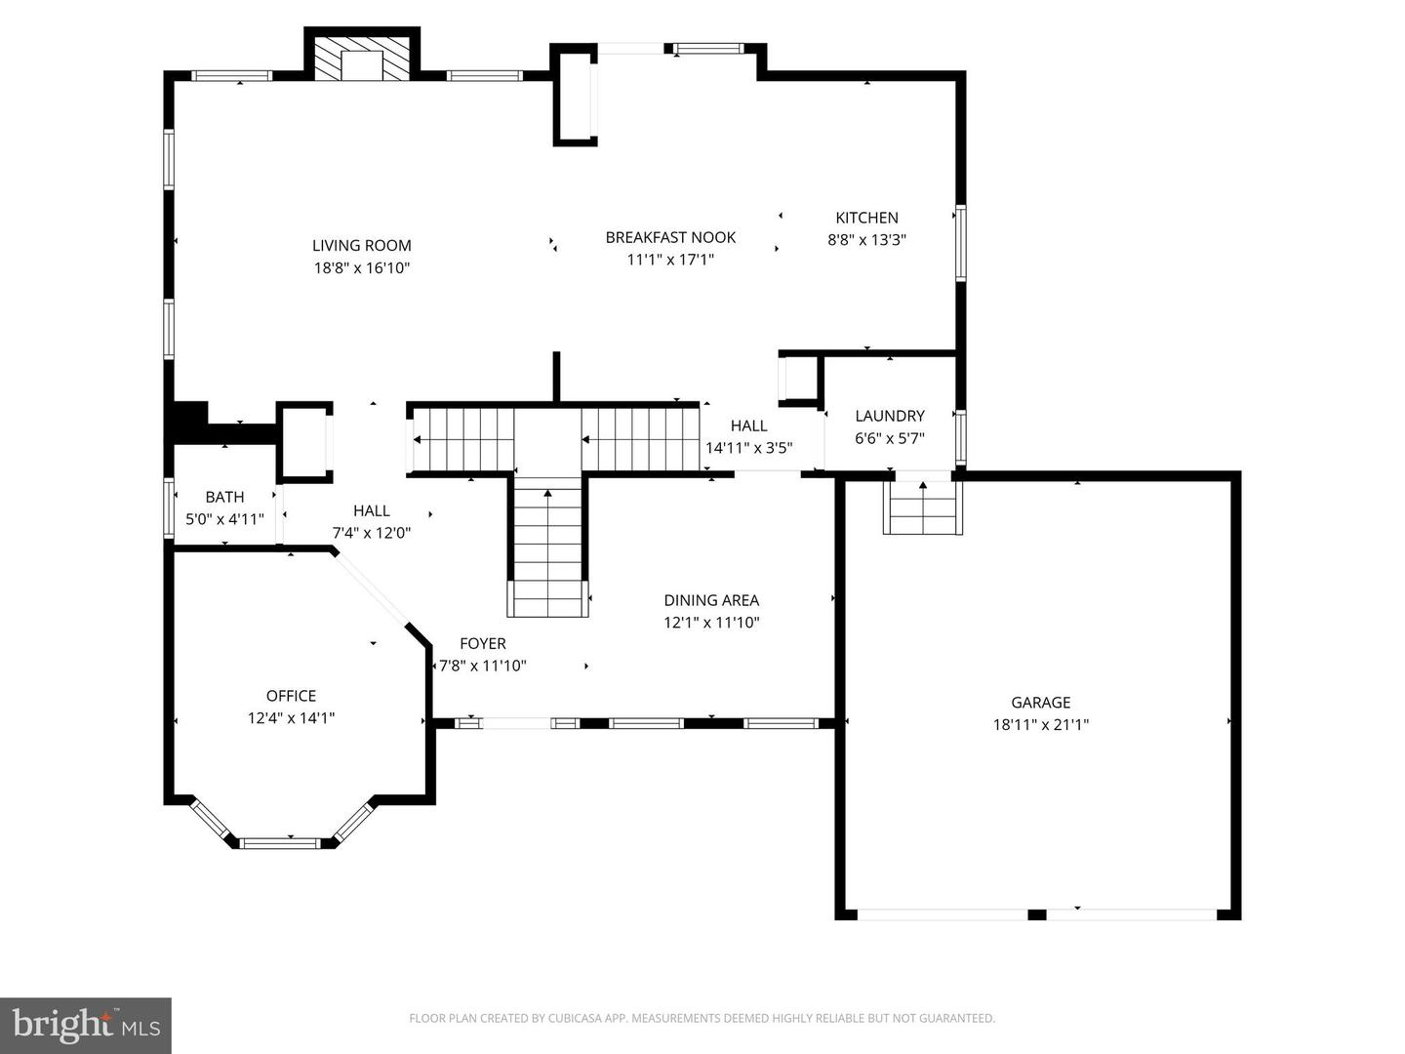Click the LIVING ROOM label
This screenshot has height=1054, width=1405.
[x=361, y=246]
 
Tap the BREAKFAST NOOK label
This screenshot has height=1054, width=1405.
[x=670, y=237]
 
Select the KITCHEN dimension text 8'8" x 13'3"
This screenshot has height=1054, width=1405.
[x=866, y=240]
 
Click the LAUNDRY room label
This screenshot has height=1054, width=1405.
[x=889, y=416]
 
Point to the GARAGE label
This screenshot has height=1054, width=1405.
[x=1040, y=703]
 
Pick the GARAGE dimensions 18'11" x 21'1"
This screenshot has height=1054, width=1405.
[x=1040, y=725]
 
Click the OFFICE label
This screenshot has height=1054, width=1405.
[x=291, y=696]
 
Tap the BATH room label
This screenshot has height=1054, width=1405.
[x=224, y=498]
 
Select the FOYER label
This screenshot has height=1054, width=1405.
[x=483, y=644]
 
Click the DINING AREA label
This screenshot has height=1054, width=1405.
[x=711, y=601]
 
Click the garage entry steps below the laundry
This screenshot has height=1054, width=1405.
[x=923, y=507]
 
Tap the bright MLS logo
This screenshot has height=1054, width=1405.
[x=86, y=1025]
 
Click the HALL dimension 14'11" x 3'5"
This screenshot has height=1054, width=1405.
[x=748, y=448]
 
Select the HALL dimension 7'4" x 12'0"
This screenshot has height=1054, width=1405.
[x=371, y=533]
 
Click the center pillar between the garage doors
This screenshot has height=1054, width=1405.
[x=1037, y=915]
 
